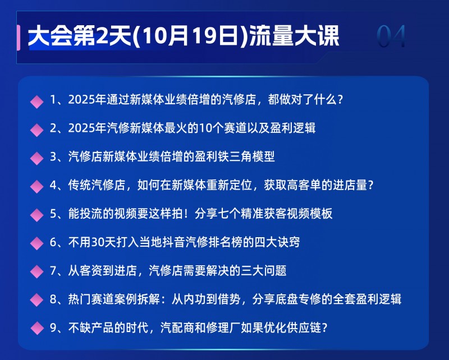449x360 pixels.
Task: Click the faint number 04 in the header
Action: click(391, 36)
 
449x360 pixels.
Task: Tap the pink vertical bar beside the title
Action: click(19, 38)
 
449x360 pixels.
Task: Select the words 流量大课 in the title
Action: click(294, 36)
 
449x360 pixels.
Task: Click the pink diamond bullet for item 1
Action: click(36, 101)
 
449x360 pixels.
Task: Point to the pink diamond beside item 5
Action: click(36, 215)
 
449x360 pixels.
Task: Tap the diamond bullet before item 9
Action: click(36, 328)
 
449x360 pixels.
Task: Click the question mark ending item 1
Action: click(340, 100)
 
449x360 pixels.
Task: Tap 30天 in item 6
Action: click(103, 242)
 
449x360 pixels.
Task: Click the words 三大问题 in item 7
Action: click(263, 271)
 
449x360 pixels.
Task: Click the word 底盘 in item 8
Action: click(287, 299)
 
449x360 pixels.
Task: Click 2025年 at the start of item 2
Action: click(88, 128)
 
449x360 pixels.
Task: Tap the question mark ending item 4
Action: click(370, 185)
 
